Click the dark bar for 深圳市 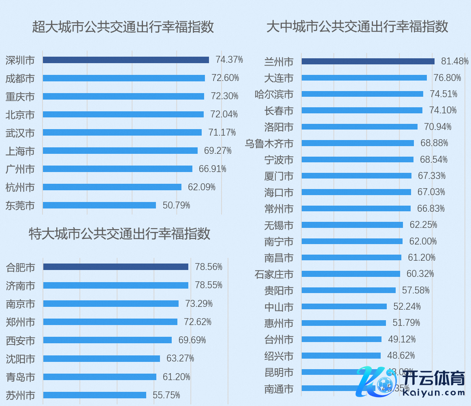pos(126,60)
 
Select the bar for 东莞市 pos(99,205)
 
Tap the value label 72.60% pos(225,78)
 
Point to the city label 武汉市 pos(20,133)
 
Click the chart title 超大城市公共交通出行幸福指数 pos(123,27)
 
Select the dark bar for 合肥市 pos(115,267)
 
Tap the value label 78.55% pos(209,285)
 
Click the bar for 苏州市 pos(94,395)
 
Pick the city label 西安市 pos(21,340)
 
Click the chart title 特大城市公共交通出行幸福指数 pos(119,234)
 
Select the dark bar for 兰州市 pos(368,61)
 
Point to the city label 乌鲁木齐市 pos(269,143)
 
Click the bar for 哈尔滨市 pos(362,94)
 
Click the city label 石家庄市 pos(274,274)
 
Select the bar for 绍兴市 pos(341,355)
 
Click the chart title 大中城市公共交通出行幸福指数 pos(357,27)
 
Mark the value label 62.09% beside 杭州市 pos(202,187)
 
